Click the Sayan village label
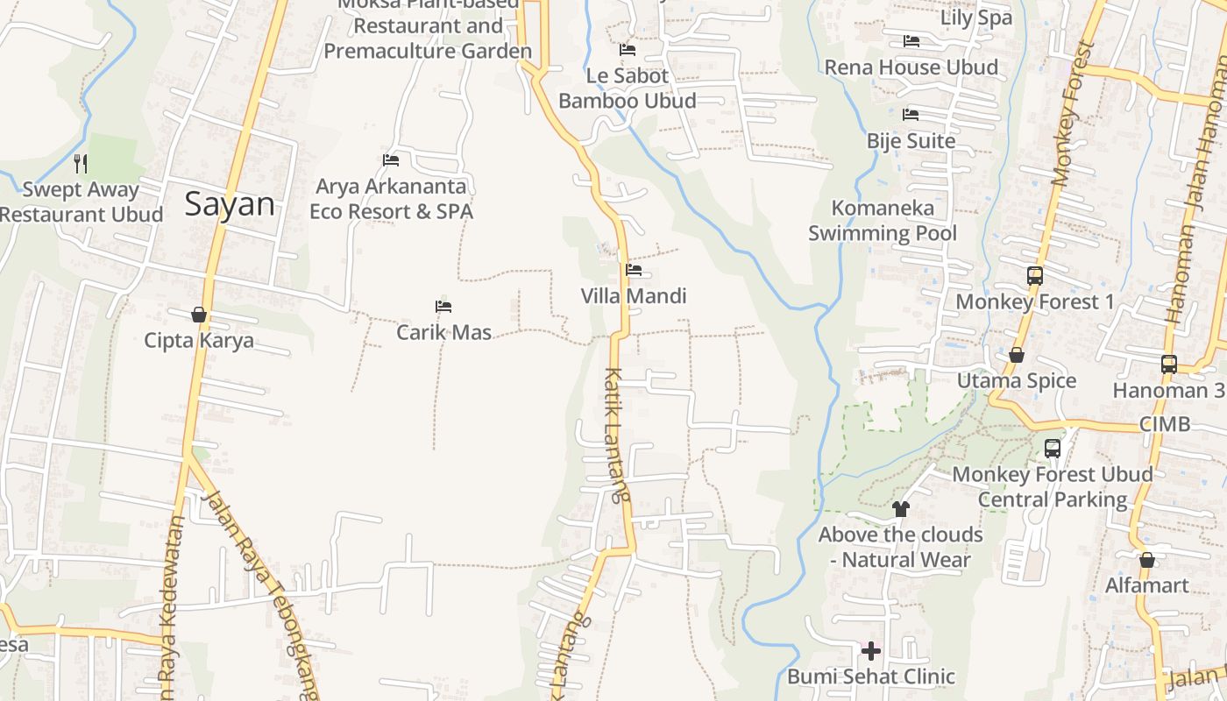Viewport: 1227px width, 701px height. click(230, 204)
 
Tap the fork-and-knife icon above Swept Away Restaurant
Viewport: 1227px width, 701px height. click(81, 163)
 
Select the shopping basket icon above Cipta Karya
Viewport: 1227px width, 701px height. click(199, 315)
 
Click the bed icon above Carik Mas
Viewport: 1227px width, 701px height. click(443, 307)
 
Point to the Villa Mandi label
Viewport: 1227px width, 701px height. click(634, 296)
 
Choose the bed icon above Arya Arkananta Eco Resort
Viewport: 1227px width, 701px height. click(391, 160)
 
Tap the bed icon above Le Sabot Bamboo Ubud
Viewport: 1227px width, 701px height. click(628, 50)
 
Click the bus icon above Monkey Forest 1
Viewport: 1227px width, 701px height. click(1034, 276)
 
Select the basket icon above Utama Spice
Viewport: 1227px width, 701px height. click(1017, 355)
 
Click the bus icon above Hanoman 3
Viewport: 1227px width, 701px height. click(1168, 364)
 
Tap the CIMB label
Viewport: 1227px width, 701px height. click(1165, 424)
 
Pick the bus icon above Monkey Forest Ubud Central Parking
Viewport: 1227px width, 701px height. click(1053, 449)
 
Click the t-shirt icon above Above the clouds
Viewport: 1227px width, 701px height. click(900, 508)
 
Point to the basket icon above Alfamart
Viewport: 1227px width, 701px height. click(1146, 560)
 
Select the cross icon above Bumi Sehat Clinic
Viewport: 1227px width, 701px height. click(871, 651)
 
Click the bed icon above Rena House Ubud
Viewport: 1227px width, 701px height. click(911, 41)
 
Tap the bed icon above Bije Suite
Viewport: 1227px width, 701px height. click(911, 115)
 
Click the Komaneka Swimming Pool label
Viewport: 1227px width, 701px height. click(883, 221)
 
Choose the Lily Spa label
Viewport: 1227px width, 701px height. click(976, 18)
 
